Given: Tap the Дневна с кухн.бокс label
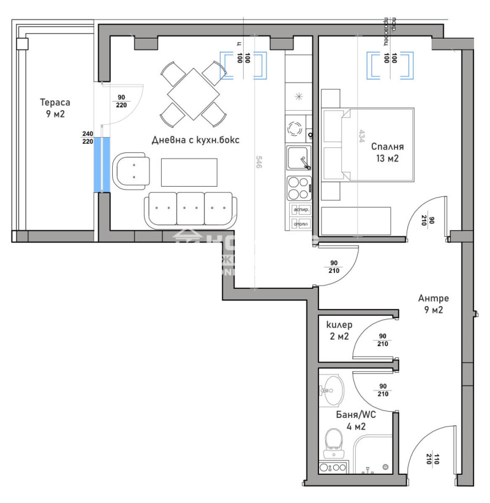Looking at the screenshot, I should pyautogui.click(x=195, y=140).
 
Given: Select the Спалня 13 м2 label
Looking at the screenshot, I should pyautogui.click(x=387, y=152).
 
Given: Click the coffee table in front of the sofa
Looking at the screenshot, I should pyautogui.click(x=189, y=172).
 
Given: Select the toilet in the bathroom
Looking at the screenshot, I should pyautogui.click(x=334, y=442).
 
